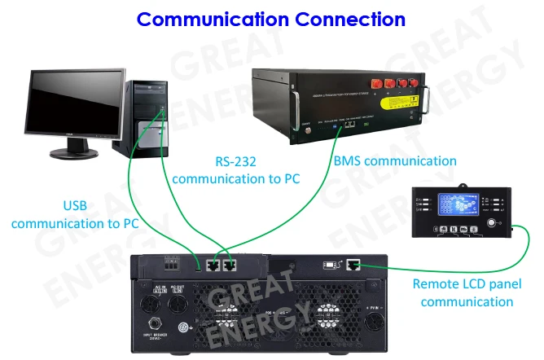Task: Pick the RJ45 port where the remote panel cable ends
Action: [x=353, y=264]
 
